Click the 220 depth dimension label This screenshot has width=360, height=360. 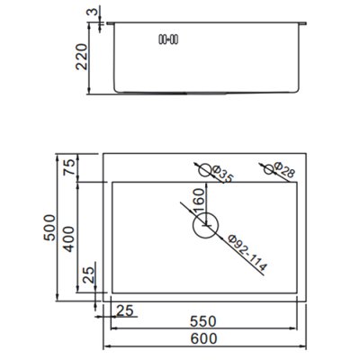point(81,57)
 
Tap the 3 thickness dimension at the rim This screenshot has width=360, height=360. point(94,12)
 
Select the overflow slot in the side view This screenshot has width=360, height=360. point(168,40)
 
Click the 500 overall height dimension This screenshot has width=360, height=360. point(49,227)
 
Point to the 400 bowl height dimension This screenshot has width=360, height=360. point(68,239)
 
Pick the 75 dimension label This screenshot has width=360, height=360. point(68,167)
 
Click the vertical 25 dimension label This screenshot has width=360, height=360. point(89,274)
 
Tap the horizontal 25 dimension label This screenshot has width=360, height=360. point(124,310)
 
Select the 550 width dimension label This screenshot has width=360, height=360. point(202,321)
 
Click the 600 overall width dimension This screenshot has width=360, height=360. point(203,338)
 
